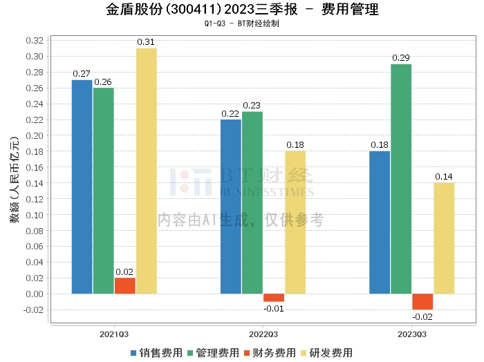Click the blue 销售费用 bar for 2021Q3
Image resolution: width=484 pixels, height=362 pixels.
(x=82, y=187)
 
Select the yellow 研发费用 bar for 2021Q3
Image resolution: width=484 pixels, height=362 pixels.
(x=146, y=171)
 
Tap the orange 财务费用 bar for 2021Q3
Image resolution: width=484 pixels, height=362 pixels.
(x=124, y=285)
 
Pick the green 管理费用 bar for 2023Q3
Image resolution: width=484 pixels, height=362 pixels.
(x=401, y=178)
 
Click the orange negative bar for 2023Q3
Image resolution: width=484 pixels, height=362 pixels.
(x=422, y=301)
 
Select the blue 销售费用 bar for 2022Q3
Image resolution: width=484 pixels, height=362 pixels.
(x=231, y=206)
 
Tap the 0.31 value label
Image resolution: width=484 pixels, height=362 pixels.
(x=146, y=42)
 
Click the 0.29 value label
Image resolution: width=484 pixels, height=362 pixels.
(x=401, y=58)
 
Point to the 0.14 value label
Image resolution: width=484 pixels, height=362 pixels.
(x=444, y=177)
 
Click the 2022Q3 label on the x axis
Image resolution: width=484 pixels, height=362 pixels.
(x=263, y=334)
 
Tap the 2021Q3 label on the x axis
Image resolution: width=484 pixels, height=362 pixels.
(x=114, y=334)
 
